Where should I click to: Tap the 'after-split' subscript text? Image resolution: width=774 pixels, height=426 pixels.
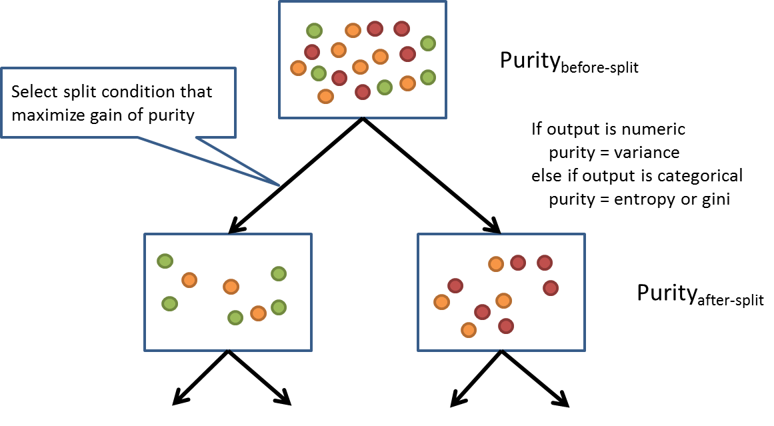tap(727, 301)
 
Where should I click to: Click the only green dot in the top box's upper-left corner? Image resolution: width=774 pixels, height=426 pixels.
tap(314, 30)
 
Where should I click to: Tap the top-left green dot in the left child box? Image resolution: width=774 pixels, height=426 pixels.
tap(165, 261)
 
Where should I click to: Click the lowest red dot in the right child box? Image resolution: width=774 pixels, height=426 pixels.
tap(505, 325)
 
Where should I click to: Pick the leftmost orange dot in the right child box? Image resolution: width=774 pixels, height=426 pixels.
tap(441, 302)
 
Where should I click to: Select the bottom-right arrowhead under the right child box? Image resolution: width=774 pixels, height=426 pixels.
tap(563, 401)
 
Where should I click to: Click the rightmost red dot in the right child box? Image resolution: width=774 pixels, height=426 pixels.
tap(551, 288)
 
